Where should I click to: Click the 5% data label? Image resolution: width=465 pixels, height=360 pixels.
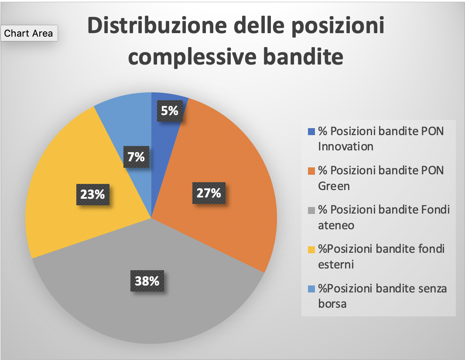pos(170,111)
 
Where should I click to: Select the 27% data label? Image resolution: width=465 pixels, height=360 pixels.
pos(209,193)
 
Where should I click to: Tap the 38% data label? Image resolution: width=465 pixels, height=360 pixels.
pos(147,281)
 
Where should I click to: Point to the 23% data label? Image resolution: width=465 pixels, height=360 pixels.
pos(93,195)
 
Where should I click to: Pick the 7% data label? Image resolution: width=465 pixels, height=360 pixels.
pos(136,157)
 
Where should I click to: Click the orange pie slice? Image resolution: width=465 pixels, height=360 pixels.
pos(226,166)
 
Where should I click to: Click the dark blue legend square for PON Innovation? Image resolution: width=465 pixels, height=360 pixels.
pos(311,132)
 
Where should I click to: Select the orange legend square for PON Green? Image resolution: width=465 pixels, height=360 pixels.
pos(311,171)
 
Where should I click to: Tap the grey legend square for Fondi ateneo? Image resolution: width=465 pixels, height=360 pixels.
pos(311,211)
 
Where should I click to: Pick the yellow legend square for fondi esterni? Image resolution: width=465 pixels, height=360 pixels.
pos(311,249)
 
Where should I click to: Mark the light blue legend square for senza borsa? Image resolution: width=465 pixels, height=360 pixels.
pos(311,289)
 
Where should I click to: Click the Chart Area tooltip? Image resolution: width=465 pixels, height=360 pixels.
pos(29,33)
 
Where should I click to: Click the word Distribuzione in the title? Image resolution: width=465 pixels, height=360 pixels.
pos(157,25)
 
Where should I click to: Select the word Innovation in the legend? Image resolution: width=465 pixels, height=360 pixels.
pos(345,146)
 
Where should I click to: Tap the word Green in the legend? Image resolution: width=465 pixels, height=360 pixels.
pos(334,186)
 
